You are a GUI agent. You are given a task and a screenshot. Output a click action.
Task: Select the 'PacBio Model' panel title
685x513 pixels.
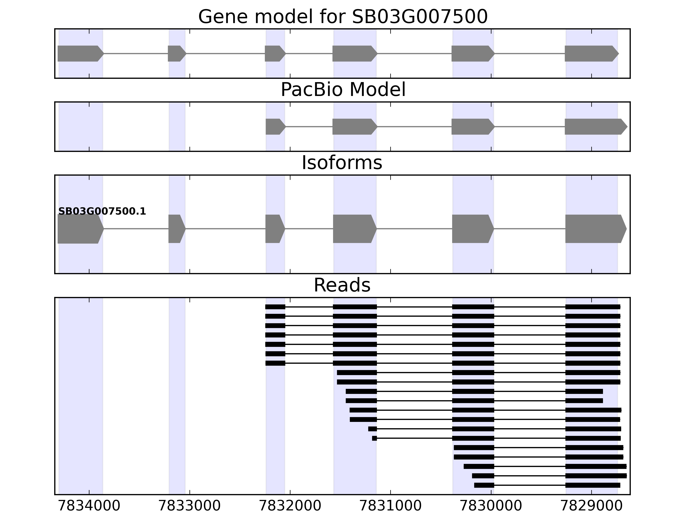[x=342, y=90]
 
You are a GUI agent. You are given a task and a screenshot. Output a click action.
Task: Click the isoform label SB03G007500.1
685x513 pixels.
[x=102, y=212]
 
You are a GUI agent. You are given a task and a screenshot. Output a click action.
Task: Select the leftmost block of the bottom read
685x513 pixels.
[x=484, y=485]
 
